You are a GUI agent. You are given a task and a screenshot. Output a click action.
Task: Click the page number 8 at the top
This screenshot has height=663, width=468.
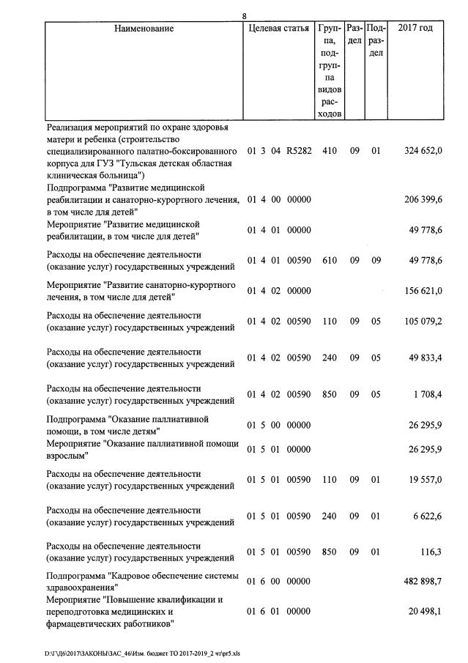click(245, 15)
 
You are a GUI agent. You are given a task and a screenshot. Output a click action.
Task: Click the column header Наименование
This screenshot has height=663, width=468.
click(144, 29)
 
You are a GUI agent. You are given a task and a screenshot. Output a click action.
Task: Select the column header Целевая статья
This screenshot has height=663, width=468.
click(278, 29)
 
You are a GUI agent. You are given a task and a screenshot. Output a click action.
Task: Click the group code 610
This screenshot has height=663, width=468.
click(329, 260)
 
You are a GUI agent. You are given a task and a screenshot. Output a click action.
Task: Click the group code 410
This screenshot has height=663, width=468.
click(329, 151)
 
